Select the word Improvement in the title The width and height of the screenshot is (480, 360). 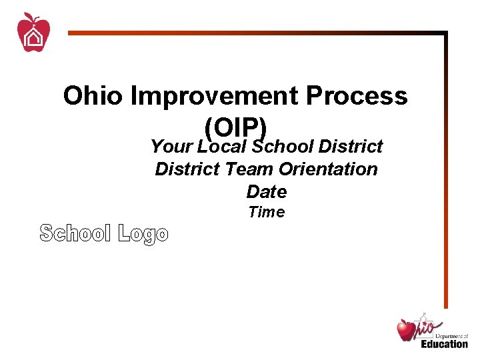click(214, 97)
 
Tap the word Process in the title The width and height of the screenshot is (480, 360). click(357, 97)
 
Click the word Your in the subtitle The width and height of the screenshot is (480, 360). click(171, 146)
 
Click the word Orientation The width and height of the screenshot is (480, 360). click(328, 169)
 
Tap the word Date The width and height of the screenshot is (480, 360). click(266, 192)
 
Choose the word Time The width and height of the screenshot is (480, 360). click(266, 213)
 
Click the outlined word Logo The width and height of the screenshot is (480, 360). click(143, 234)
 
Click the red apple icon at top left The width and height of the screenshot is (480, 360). click(33, 33)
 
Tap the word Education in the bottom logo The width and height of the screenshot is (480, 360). click(444, 343)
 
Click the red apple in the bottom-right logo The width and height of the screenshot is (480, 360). click(406, 329)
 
